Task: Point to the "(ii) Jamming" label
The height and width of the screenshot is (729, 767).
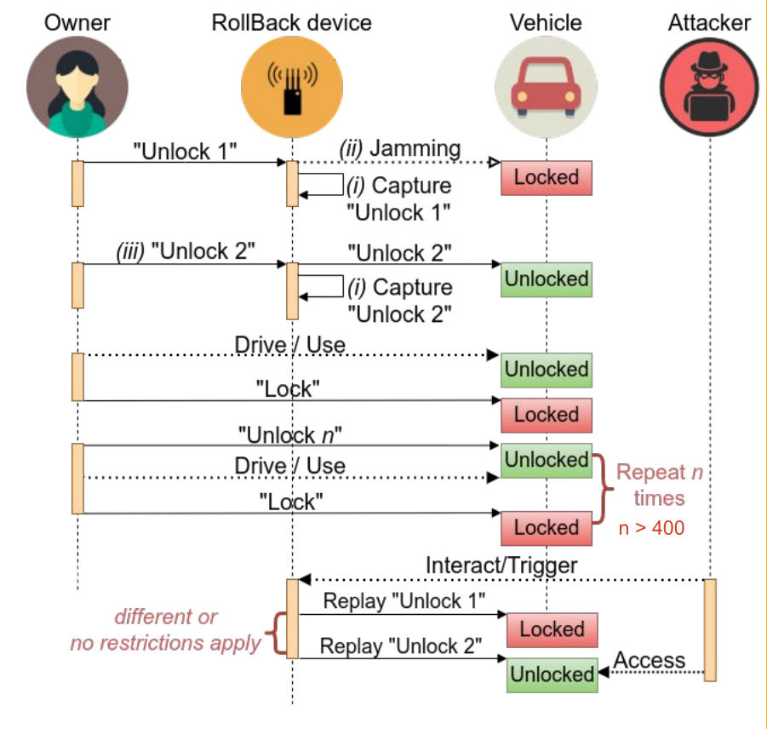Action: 400,149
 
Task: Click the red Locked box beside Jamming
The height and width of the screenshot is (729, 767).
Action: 546,177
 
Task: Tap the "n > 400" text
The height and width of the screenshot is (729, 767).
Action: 651,528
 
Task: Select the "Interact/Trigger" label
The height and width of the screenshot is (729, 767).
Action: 501,565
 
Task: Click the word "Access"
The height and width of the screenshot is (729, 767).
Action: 650,660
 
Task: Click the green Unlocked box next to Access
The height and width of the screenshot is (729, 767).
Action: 552,674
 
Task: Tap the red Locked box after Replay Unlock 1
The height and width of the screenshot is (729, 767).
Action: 552,630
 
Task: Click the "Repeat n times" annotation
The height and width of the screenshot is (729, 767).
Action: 660,484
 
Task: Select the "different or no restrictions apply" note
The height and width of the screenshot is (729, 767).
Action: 166,630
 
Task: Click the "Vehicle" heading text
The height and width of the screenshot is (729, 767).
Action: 546,22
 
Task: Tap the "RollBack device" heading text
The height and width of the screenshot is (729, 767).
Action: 291,22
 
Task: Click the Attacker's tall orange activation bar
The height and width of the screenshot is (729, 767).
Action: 710,629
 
